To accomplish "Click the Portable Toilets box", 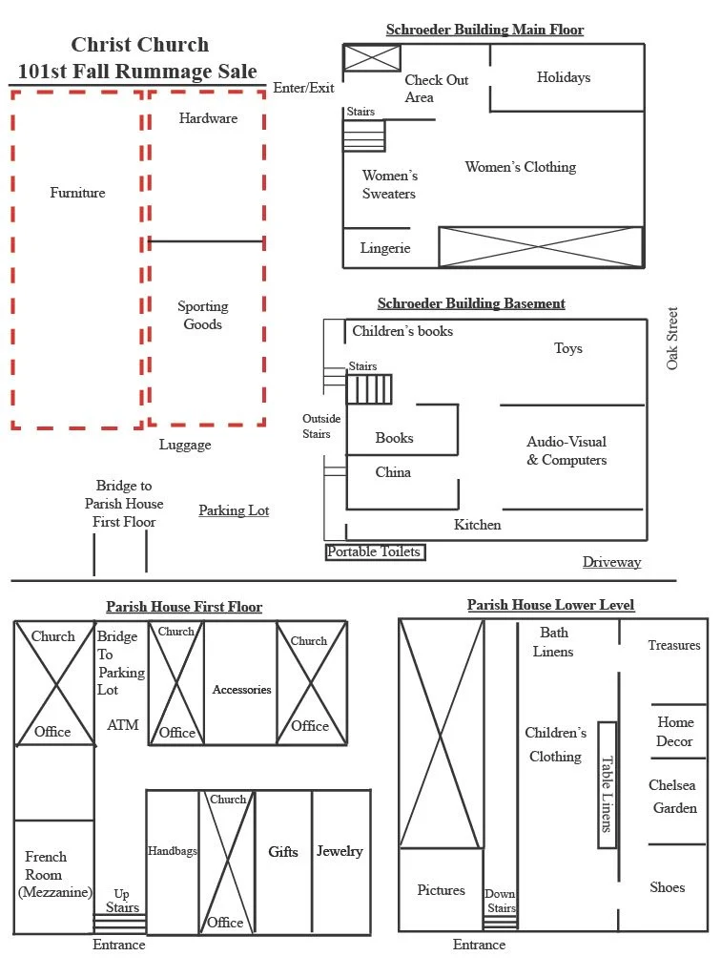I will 374,551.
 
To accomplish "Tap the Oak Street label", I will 673,338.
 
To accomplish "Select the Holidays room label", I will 563,77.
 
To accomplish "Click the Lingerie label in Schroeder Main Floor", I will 385,248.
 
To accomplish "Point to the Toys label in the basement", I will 568,348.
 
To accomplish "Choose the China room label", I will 393,472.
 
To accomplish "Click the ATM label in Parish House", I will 123,725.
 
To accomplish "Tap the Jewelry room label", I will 340,851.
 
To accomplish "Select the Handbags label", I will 173,850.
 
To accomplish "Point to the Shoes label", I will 668,887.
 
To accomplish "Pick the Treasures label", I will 674,645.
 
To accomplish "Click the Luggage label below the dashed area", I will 185,445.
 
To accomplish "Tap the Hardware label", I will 208,118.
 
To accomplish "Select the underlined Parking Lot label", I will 234,510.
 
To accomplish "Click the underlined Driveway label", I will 611,562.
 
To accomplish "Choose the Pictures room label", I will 442,890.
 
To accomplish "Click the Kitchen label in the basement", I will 477,525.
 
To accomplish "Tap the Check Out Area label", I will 437,89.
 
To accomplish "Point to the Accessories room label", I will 241,690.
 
